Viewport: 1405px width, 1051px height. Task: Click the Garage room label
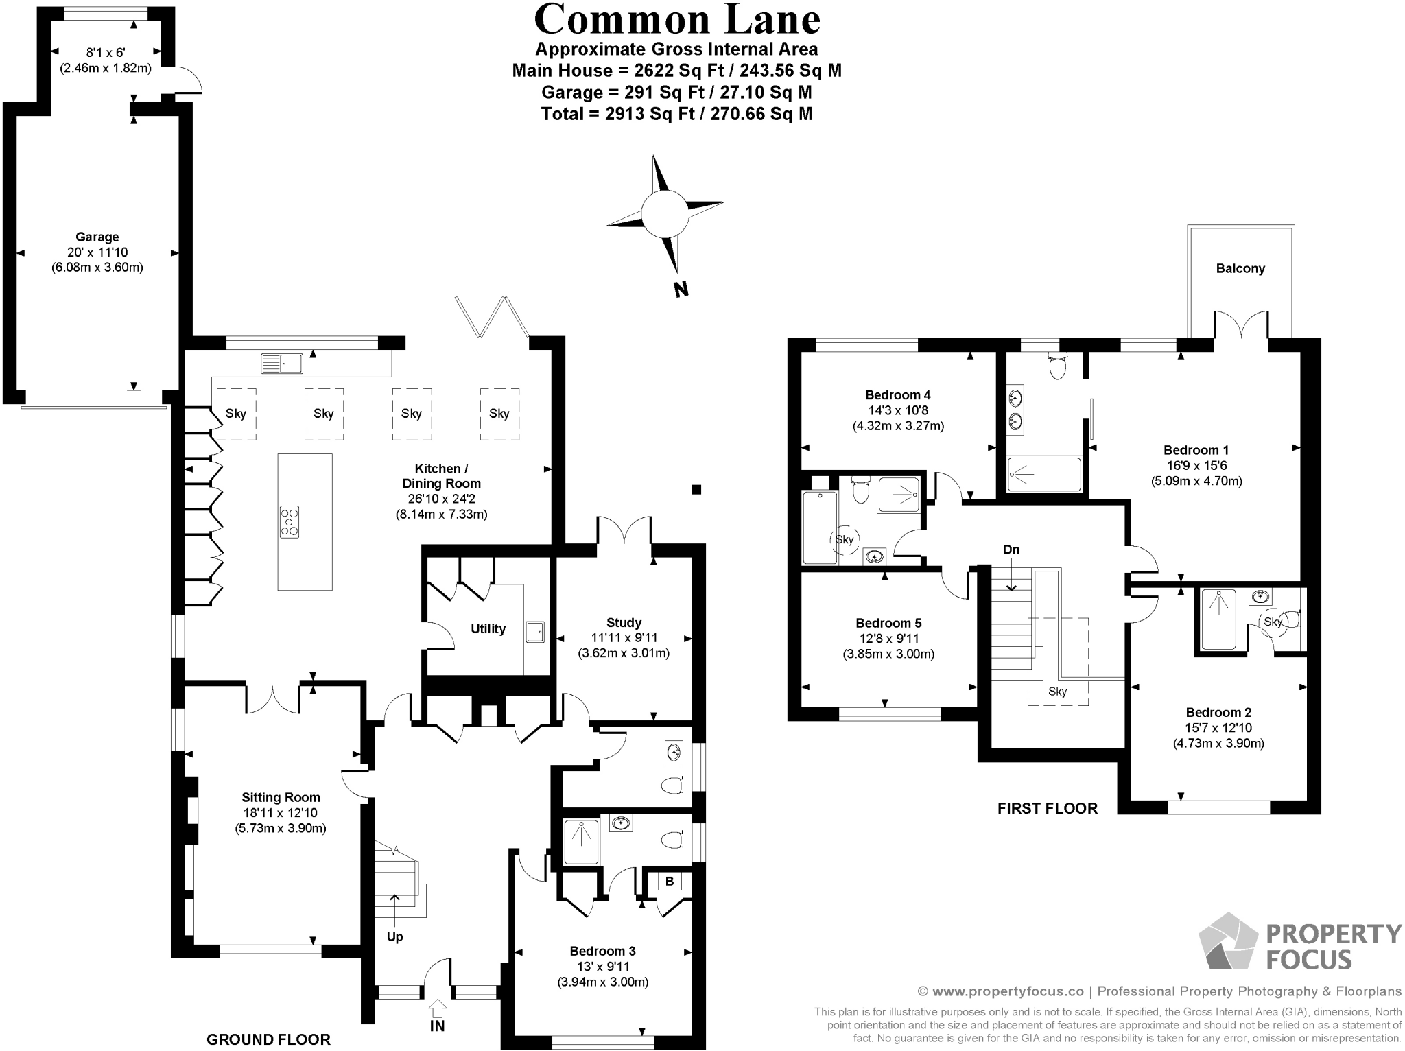(x=97, y=237)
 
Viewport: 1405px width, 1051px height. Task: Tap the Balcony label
(x=1240, y=269)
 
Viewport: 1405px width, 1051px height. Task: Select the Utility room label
(x=488, y=629)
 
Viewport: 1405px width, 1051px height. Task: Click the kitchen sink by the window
(x=281, y=364)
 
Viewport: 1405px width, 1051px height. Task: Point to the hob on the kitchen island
(x=290, y=521)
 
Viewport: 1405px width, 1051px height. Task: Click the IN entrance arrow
(x=437, y=1009)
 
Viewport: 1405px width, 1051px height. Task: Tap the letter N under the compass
(x=681, y=290)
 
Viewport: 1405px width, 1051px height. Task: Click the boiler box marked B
(x=670, y=882)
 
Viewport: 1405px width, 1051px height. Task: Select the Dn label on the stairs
(x=1011, y=550)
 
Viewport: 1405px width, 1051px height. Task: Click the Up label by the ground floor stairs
(x=394, y=937)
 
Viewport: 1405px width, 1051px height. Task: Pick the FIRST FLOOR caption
(x=1047, y=809)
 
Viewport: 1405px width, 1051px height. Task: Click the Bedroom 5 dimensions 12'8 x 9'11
(x=888, y=639)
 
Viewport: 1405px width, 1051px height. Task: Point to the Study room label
(x=624, y=623)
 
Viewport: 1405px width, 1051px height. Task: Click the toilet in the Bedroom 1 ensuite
(x=1057, y=367)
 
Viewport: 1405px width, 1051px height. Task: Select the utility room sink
(x=535, y=632)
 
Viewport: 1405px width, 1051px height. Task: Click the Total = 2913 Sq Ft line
(x=676, y=114)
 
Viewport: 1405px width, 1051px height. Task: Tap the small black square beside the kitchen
(x=696, y=489)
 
